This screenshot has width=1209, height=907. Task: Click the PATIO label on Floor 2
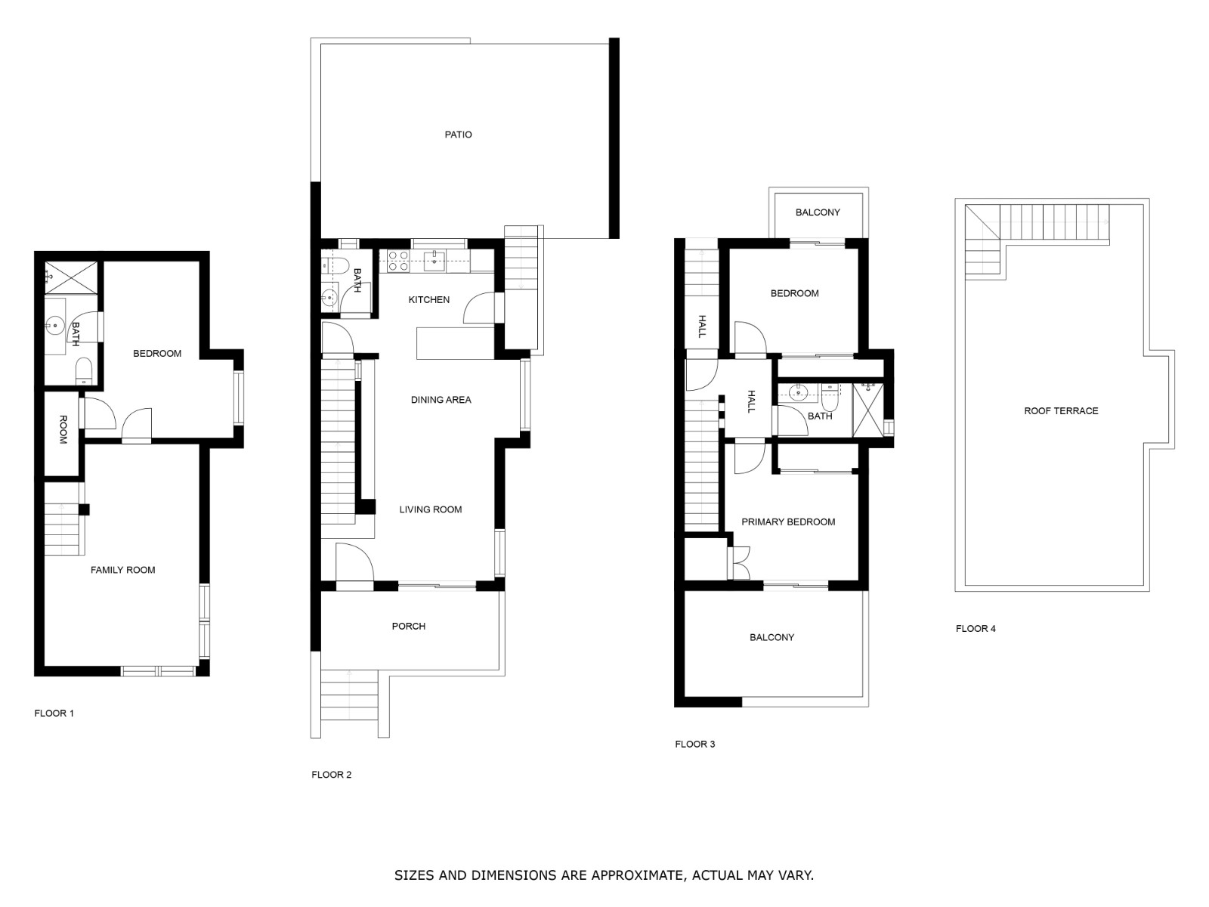(x=458, y=135)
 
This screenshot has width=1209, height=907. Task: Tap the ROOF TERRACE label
(x=1061, y=411)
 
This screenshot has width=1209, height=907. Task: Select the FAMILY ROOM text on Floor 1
(x=122, y=570)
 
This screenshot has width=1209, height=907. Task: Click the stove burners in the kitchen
(x=398, y=262)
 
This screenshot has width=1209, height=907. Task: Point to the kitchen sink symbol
(x=436, y=262)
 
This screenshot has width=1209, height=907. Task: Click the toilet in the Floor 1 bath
(x=83, y=370)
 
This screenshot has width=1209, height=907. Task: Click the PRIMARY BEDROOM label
(x=788, y=522)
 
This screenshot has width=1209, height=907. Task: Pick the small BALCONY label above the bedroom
(x=818, y=212)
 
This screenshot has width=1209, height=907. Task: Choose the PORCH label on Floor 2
(x=409, y=626)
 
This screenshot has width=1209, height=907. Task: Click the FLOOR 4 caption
(x=976, y=628)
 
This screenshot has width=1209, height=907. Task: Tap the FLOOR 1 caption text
(x=54, y=713)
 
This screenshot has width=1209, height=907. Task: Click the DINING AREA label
(x=441, y=400)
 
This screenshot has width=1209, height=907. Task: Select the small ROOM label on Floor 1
(x=63, y=430)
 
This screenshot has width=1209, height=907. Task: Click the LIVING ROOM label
(x=431, y=509)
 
